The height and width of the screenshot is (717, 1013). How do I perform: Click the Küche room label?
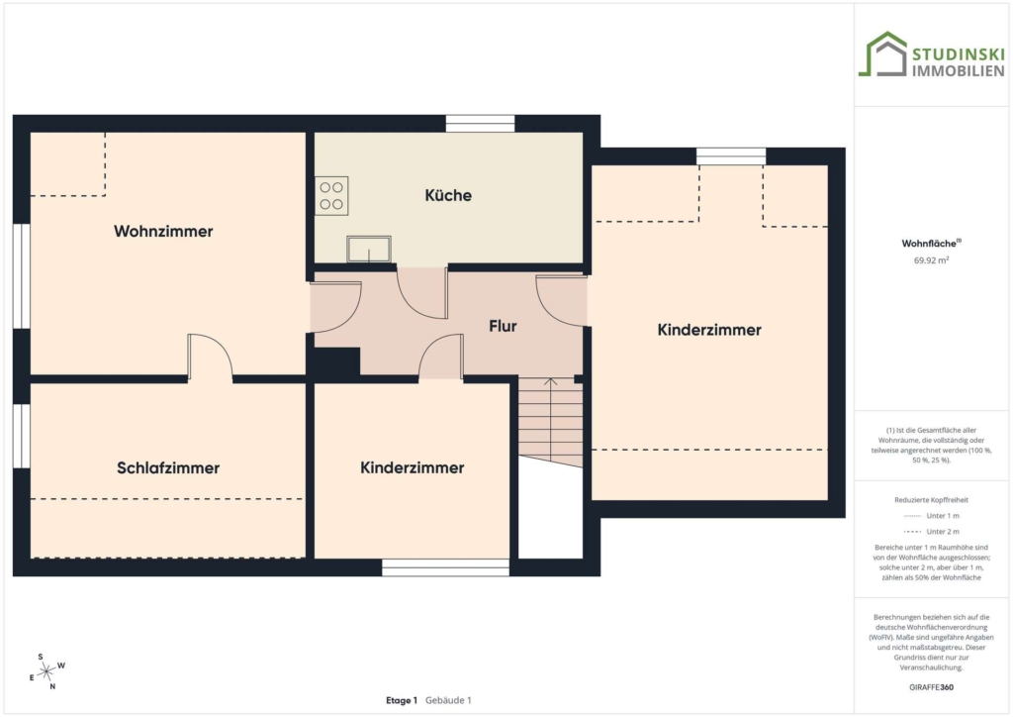click(448, 195)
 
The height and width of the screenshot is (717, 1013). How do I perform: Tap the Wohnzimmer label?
click(163, 232)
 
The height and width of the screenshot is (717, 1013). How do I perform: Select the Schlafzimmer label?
click(168, 468)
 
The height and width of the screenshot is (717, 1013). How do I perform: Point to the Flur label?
click(503, 326)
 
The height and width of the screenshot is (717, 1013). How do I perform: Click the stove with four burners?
click(331, 196)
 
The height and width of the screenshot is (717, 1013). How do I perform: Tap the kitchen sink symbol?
click(369, 249)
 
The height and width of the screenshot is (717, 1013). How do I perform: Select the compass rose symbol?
click(46, 672)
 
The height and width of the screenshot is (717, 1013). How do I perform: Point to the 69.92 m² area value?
click(931, 260)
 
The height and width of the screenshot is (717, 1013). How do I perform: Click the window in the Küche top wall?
click(480, 124)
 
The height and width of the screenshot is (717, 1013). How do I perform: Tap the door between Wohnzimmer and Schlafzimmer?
click(210, 356)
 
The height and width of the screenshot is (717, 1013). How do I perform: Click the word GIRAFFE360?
click(931, 687)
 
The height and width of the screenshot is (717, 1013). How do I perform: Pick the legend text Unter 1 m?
click(943, 516)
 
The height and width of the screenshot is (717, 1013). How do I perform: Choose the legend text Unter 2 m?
click(943, 532)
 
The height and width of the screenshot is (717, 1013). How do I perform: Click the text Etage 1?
click(402, 700)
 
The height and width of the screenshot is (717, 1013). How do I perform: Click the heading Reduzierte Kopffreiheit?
click(931, 500)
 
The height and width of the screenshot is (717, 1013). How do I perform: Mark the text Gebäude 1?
click(448, 700)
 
